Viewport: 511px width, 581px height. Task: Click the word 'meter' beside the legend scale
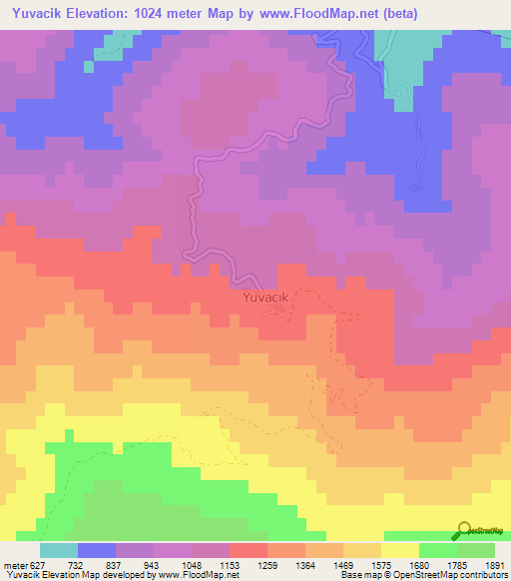(x=14, y=564)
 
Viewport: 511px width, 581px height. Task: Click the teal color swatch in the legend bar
(x=59, y=550)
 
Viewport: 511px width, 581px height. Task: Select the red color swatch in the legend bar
(x=248, y=550)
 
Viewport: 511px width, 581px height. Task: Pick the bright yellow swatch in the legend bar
(x=399, y=550)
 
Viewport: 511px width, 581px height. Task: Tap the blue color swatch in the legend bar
(x=97, y=550)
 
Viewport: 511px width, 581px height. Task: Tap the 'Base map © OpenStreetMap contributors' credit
(x=422, y=575)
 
